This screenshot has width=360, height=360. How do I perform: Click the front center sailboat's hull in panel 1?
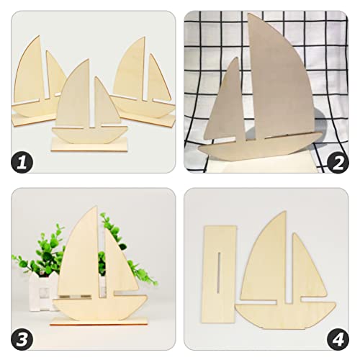point(89,134)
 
